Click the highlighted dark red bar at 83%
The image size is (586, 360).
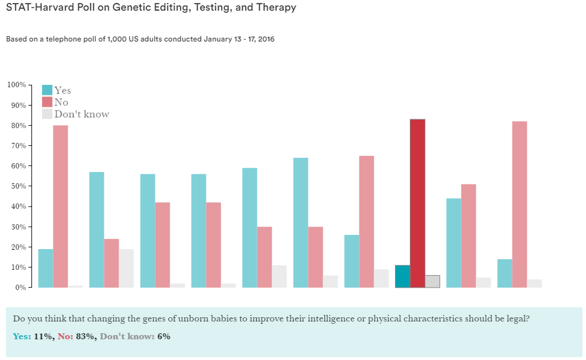point(418,203)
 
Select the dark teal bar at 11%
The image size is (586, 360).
point(403,276)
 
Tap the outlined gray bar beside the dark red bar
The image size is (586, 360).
point(432,282)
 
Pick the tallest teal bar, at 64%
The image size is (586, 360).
point(301,222)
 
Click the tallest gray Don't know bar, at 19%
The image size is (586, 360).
point(126,268)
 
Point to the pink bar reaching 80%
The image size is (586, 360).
point(60,206)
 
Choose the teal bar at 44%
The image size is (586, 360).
point(454,243)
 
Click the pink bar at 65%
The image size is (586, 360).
point(367,222)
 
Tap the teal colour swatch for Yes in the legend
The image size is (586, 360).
point(47,90)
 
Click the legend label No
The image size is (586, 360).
point(61,102)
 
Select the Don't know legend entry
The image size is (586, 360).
point(81,114)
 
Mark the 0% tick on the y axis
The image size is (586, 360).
point(20,288)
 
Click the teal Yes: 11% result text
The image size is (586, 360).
point(31,336)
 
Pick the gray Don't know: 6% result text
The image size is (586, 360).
point(135,336)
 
